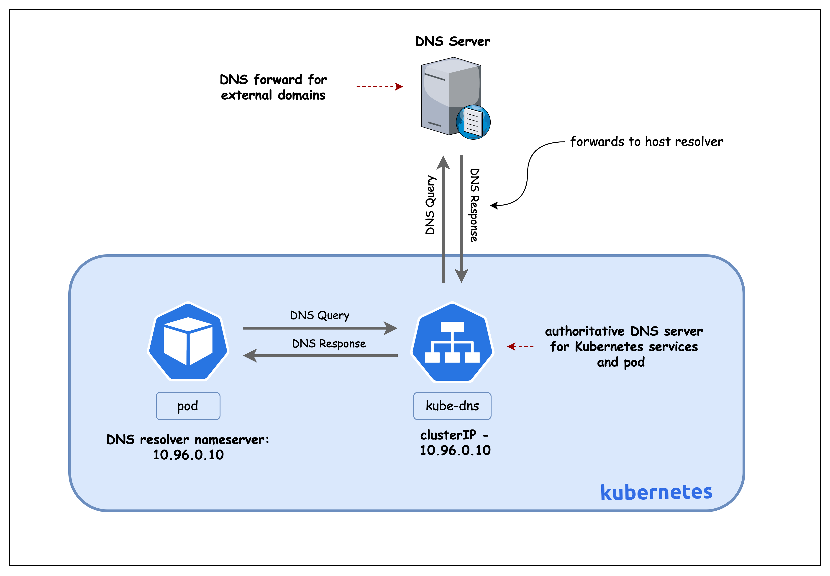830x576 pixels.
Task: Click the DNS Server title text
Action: tap(452, 41)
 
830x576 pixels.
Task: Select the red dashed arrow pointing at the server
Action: tap(379, 87)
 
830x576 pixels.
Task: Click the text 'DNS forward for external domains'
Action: tap(273, 87)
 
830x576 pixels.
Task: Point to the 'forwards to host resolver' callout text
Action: tap(646, 141)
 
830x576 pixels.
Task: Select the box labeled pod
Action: tap(188, 406)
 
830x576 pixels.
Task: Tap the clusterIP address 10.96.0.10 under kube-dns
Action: tap(455, 450)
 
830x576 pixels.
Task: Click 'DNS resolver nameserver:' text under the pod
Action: tap(188, 440)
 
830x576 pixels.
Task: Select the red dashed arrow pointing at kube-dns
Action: tap(520, 347)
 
